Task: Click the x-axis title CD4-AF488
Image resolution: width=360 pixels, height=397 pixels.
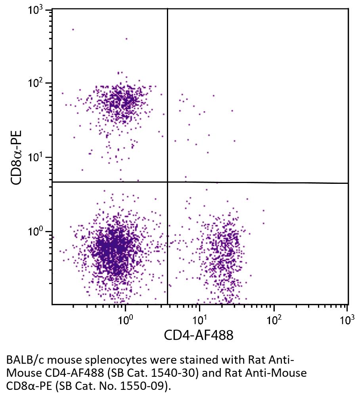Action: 199,336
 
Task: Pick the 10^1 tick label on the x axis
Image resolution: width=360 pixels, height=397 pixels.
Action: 199,319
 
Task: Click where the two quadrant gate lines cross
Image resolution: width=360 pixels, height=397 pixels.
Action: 167,182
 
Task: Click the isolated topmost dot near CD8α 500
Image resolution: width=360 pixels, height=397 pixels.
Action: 73,29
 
